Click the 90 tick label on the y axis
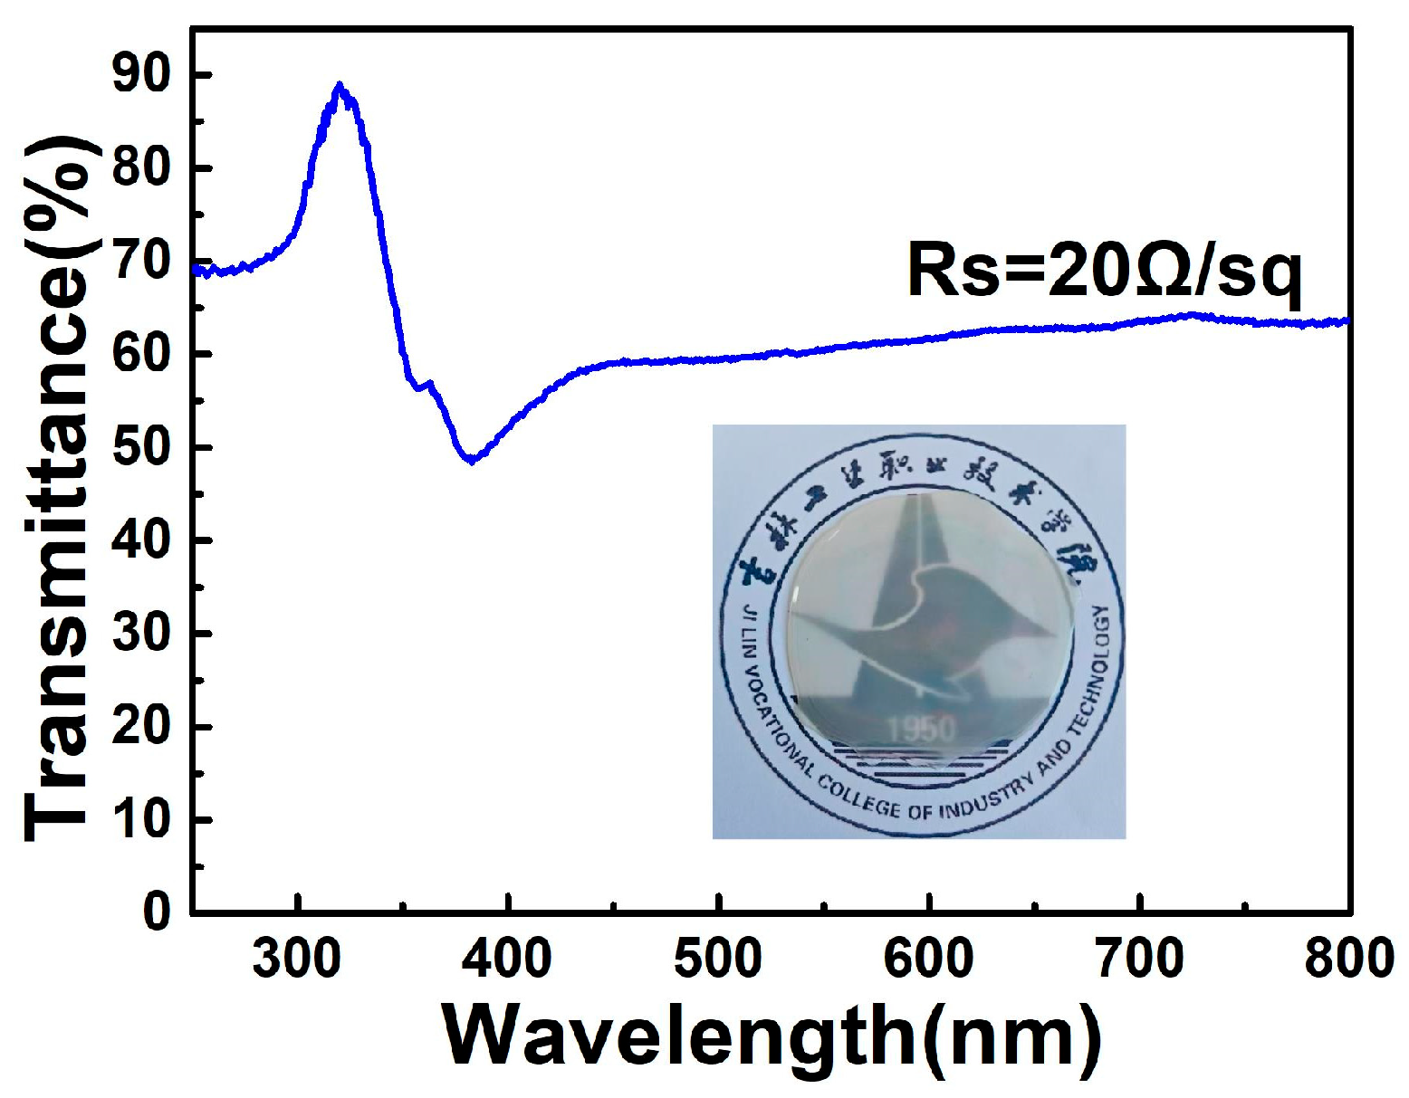click(141, 75)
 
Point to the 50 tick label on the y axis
click(141, 447)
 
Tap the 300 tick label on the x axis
click(296, 959)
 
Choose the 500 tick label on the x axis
click(718, 959)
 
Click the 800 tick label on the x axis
click(1348, 959)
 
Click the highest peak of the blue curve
click(339, 86)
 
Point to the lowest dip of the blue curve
click(471, 460)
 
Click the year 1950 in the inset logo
click(921, 729)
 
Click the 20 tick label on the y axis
click(141, 726)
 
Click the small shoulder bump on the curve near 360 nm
click(429, 384)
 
